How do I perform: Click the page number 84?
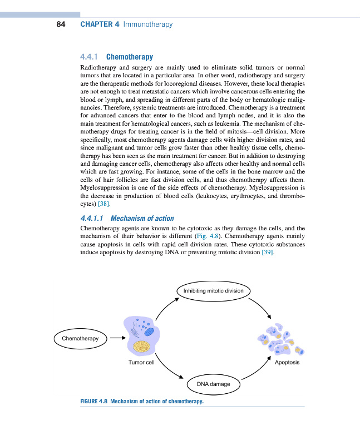click(61, 24)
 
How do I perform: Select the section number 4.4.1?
click(90, 57)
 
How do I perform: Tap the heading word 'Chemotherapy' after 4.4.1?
click(129, 57)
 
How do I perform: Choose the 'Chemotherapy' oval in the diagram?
click(80, 338)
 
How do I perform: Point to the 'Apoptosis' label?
click(287, 363)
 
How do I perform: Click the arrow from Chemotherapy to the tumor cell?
click(116, 338)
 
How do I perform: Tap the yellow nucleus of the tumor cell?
click(144, 346)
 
